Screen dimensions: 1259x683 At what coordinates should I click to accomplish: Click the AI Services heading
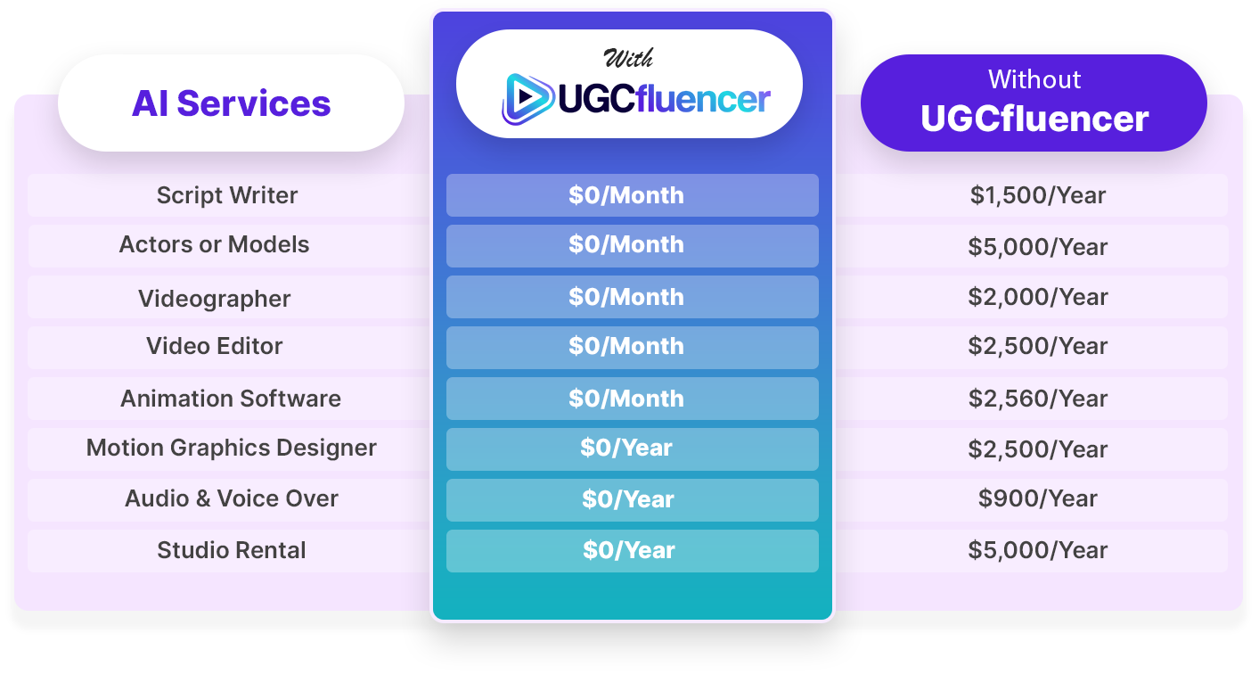(231, 103)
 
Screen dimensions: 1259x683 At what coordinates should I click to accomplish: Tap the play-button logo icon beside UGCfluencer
(527, 98)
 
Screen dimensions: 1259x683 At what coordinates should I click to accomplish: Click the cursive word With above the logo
(628, 58)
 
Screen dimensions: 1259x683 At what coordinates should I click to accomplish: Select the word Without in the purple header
(1034, 79)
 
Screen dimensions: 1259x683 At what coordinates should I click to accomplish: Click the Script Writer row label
(227, 195)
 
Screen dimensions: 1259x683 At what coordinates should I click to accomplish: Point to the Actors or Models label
(214, 244)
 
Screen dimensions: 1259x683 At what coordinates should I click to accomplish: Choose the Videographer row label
(214, 298)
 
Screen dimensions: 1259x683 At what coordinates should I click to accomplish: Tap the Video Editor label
(214, 345)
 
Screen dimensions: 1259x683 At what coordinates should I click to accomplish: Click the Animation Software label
(231, 399)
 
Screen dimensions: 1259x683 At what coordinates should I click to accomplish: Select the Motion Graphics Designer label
(231, 448)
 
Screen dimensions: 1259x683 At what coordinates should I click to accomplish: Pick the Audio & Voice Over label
(231, 498)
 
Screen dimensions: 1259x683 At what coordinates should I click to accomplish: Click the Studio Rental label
(231, 550)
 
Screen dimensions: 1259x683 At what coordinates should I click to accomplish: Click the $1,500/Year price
(1037, 195)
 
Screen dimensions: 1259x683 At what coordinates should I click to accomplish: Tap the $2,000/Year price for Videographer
(1037, 297)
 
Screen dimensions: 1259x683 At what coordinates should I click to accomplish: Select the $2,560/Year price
(1037, 399)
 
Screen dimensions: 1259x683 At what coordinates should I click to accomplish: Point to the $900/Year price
(1037, 498)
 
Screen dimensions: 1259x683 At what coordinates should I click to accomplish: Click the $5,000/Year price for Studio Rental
(1037, 550)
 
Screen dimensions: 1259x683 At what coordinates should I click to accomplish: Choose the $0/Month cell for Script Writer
(633, 195)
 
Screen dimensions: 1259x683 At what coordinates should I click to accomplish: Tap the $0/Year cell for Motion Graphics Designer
(633, 449)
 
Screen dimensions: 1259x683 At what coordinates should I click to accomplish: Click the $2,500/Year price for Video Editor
(1037, 346)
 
